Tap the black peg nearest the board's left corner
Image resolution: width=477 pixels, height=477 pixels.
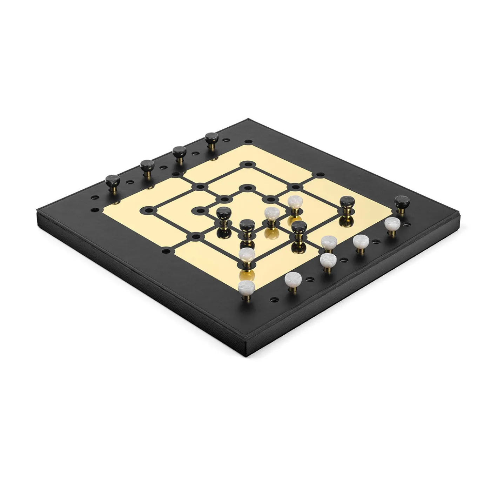tap(113, 181)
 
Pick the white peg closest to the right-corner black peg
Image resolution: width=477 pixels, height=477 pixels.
tap(392, 223)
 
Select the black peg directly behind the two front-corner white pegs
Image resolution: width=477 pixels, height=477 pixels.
tap(247, 226)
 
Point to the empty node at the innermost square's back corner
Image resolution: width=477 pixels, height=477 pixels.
tap(247, 188)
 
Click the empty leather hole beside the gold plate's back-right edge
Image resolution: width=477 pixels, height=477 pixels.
tap(320, 174)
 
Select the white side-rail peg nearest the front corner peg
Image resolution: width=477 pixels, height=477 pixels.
tap(293, 280)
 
